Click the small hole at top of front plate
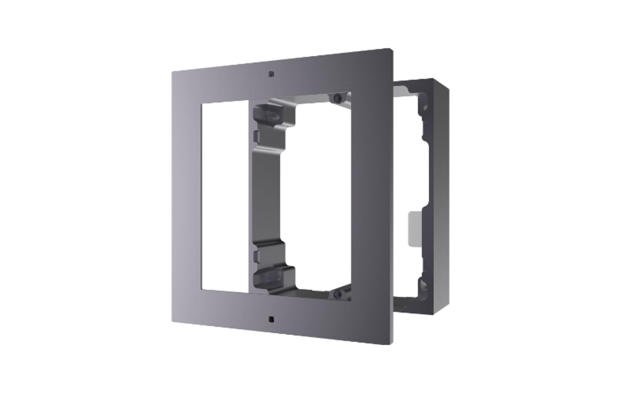(x=271, y=74)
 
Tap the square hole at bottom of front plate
(x=271, y=319)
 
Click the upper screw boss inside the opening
(x=337, y=99)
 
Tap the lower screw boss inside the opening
(x=337, y=294)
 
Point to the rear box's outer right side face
(x=441, y=196)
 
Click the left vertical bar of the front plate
(x=186, y=196)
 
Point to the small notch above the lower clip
(x=255, y=255)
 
